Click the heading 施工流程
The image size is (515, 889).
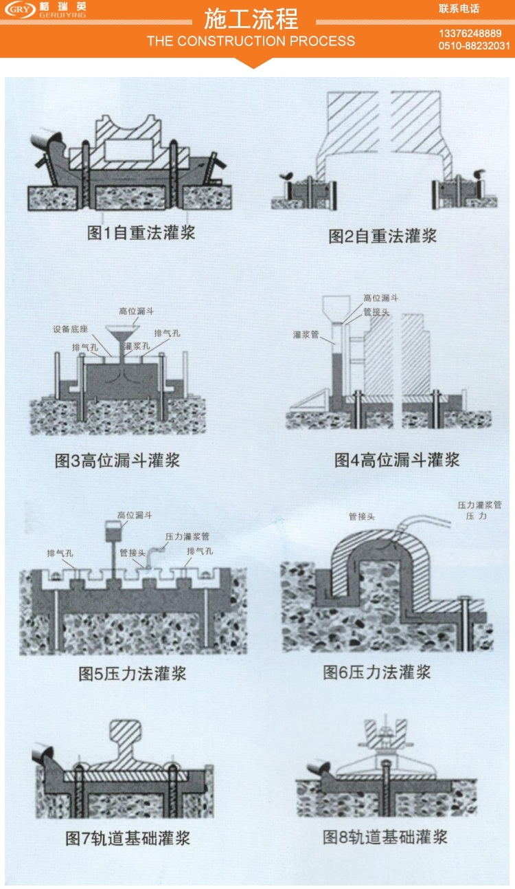coord(251,19)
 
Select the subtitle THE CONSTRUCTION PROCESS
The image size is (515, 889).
coord(251,41)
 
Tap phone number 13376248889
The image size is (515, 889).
coord(470,34)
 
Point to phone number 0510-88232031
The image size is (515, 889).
coord(474,46)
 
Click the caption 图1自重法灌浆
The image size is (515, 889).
coord(141,232)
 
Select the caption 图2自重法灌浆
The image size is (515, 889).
coord(382,236)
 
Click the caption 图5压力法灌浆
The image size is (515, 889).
coord(132,673)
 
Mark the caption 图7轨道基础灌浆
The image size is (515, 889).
coord(127,837)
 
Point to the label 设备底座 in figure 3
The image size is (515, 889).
coord(70,329)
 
